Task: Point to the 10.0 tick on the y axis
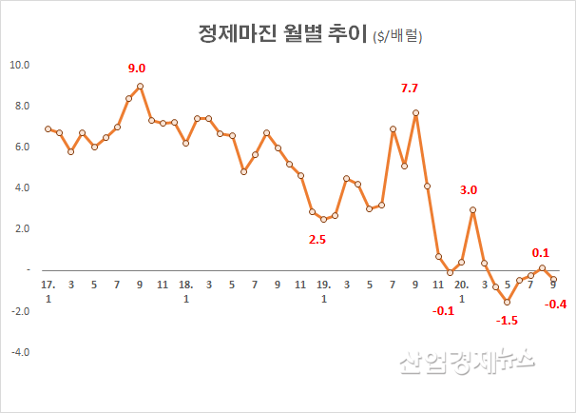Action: click(x=20, y=66)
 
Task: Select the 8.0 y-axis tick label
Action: click(x=20, y=107)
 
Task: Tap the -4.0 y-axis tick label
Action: click(x=20, y=351)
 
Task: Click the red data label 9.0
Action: click(x=138, y=69)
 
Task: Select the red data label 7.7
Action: click(x=410, y=88)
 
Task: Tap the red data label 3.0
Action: click(x=469, y=190)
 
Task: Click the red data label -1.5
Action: click(x=508, y=321)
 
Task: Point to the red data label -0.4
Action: click(x=554, y=305)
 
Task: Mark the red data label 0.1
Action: click(x=541, y=252)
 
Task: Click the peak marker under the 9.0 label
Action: click(x=140, y=86)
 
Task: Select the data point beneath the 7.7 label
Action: click(x=415, y=112)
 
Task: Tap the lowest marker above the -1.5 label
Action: click(x=508, y=302)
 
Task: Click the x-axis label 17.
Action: click(x=48, y=285)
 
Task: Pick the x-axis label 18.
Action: click(x=186, y=285)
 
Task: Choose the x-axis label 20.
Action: click(x=461, y=285)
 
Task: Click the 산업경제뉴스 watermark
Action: click(x=466, y=361)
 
